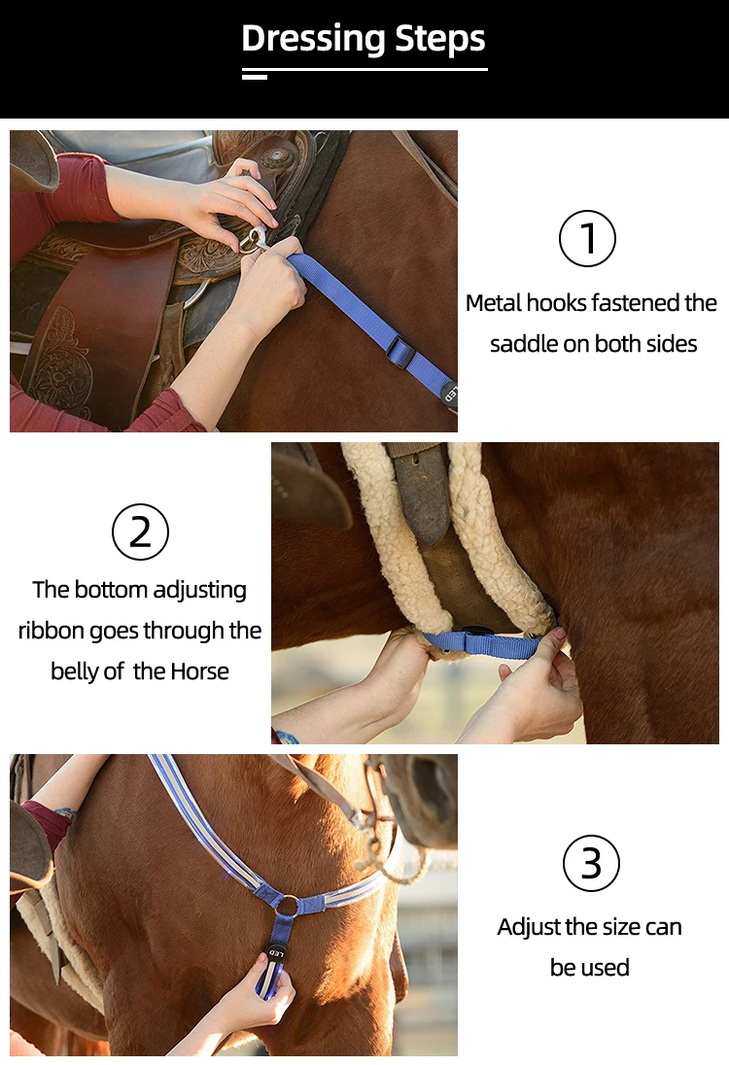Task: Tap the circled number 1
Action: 587,238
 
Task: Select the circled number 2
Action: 140,532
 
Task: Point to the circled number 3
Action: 591,863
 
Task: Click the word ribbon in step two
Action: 52,631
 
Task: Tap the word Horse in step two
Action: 199,671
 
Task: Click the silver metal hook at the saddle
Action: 254,239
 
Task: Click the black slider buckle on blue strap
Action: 400,351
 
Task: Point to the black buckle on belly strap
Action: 478,633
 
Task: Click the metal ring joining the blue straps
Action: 288,905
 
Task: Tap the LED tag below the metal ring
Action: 275,953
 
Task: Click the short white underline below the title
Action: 255,77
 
